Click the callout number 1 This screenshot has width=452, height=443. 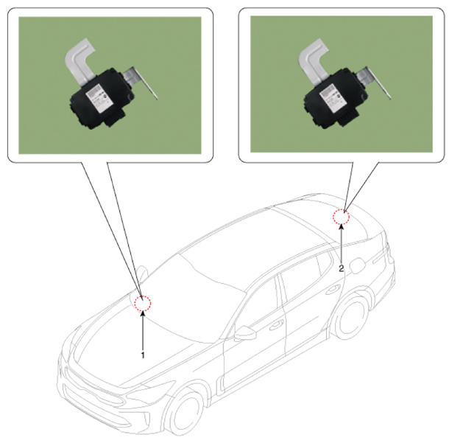(143, 355)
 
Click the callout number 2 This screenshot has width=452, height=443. (342, 268)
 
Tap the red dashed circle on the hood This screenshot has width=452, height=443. (143, 303)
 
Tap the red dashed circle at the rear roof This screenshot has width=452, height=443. (342, 216)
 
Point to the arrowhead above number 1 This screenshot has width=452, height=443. (143, 313)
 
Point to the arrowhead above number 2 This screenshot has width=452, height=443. (342, 227)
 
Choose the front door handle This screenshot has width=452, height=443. (277, 326)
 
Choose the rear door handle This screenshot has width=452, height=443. (333, 290)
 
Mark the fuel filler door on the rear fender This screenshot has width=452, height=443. (358, 265)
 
